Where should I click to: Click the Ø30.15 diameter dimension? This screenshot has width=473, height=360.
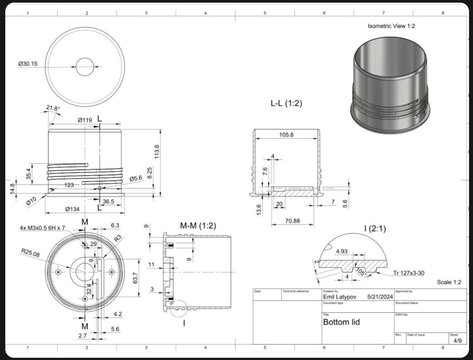point(28,64)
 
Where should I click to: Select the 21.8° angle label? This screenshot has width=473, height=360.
point(53,108)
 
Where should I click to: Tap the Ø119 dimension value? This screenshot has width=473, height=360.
point(85,120)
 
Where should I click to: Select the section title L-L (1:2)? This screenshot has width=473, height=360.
point(286,104)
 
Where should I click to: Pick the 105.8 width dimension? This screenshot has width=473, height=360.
point(286,135)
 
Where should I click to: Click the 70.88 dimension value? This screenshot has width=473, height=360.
point(292,221)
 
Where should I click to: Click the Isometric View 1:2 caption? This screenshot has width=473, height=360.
point(391,26)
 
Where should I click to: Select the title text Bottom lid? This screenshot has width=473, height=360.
point(341,322)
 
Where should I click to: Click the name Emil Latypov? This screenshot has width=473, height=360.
point(340,297)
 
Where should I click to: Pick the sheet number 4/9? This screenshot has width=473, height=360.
point(455,341)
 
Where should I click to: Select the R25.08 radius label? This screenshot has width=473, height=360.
point(30,253)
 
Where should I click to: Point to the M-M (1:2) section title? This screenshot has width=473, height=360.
point(198,226)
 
